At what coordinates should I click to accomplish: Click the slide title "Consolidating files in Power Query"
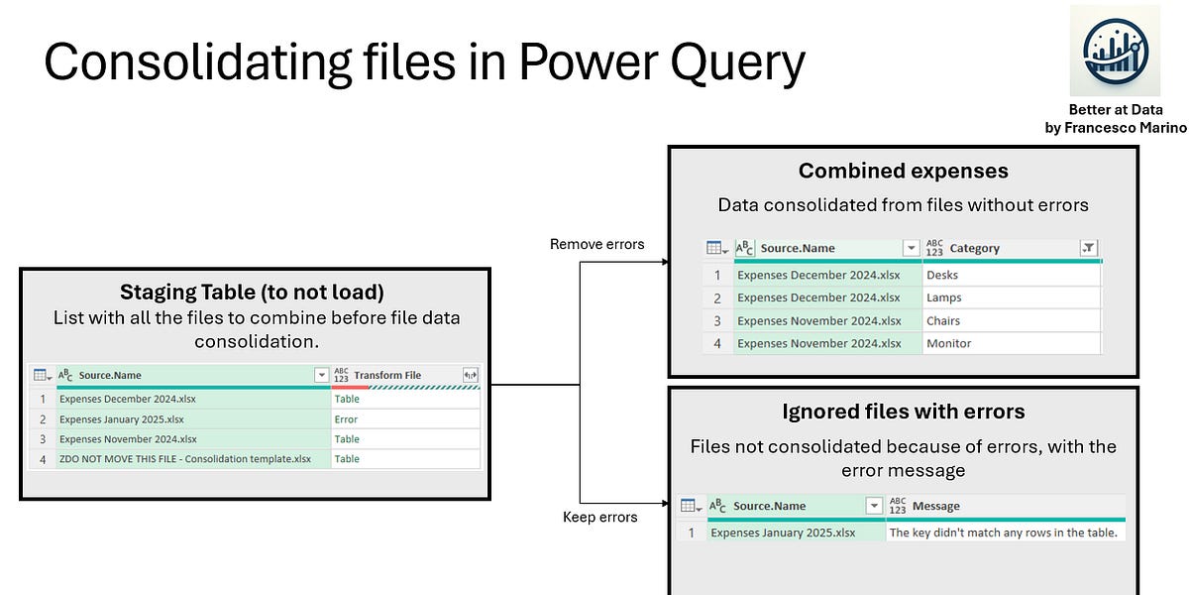click(x=424, y=62)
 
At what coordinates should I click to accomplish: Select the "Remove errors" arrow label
click(x=596, y=244)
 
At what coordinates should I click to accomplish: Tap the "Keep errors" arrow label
click(x=599, y=517)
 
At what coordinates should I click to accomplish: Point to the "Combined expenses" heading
click(x=903, y=171)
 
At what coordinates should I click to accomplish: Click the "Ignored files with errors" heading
click(x=903, y=412)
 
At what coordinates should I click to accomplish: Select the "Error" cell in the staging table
click(x=346, y=419)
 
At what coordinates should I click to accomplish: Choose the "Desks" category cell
click(x=941, y=275)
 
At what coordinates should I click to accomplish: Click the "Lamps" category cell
click(x=943, y=297)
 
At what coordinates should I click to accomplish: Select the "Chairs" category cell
click(x=943, y=320)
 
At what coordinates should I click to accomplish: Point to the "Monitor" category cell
click(x=948, y=343)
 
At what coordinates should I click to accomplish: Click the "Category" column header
click(x=974, y=248)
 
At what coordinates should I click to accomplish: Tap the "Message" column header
click(x=935, y=506)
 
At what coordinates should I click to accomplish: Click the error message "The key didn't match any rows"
click(x=1003, y=533)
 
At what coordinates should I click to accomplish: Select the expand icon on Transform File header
click(x=470, y=375)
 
